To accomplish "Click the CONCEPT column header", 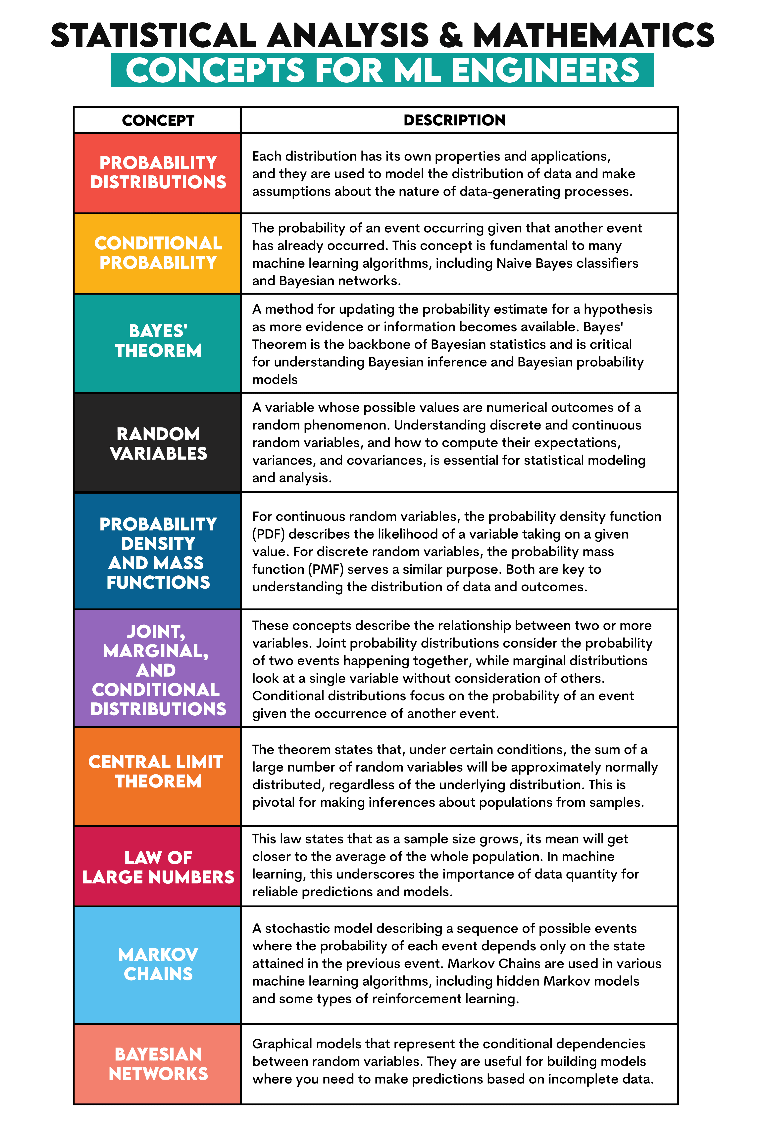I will coord(158,120).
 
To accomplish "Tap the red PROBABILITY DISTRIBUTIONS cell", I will coord(158,173).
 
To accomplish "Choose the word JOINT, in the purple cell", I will coord(156,631).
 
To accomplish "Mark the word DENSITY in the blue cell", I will coord(158,544).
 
